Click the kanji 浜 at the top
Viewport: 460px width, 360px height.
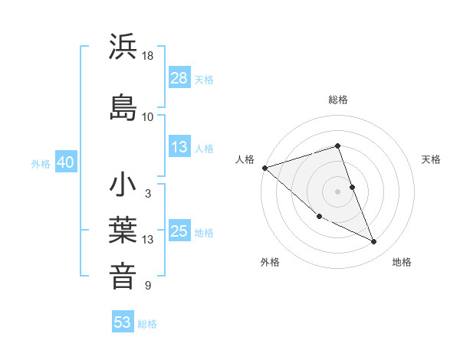point(123,47)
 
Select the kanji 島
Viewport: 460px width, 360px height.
point(123,107)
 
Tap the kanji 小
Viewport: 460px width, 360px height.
point(123,185)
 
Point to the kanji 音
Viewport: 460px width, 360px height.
point(123,275)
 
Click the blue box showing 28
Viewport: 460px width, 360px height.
point(179,78)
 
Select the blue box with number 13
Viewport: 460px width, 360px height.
point(179,147)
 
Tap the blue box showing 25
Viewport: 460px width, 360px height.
point(179,231)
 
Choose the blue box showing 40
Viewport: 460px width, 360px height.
point(65,163)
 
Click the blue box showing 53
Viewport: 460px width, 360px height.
point(123,322)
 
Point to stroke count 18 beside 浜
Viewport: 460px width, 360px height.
point(148,56)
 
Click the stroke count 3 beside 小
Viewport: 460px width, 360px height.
point(147,194)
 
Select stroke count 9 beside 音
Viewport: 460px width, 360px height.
point(147,286)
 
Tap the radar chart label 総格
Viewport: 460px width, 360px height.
point(338,100)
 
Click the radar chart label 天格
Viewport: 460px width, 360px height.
point(431,159)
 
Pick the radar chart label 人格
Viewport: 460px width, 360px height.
point(245,159)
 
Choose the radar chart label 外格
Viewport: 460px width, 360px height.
point(270,262)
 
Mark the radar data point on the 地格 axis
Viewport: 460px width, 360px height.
point(374,242)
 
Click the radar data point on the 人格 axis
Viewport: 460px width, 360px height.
point(264,168)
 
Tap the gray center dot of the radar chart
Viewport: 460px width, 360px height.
point(338,191)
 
